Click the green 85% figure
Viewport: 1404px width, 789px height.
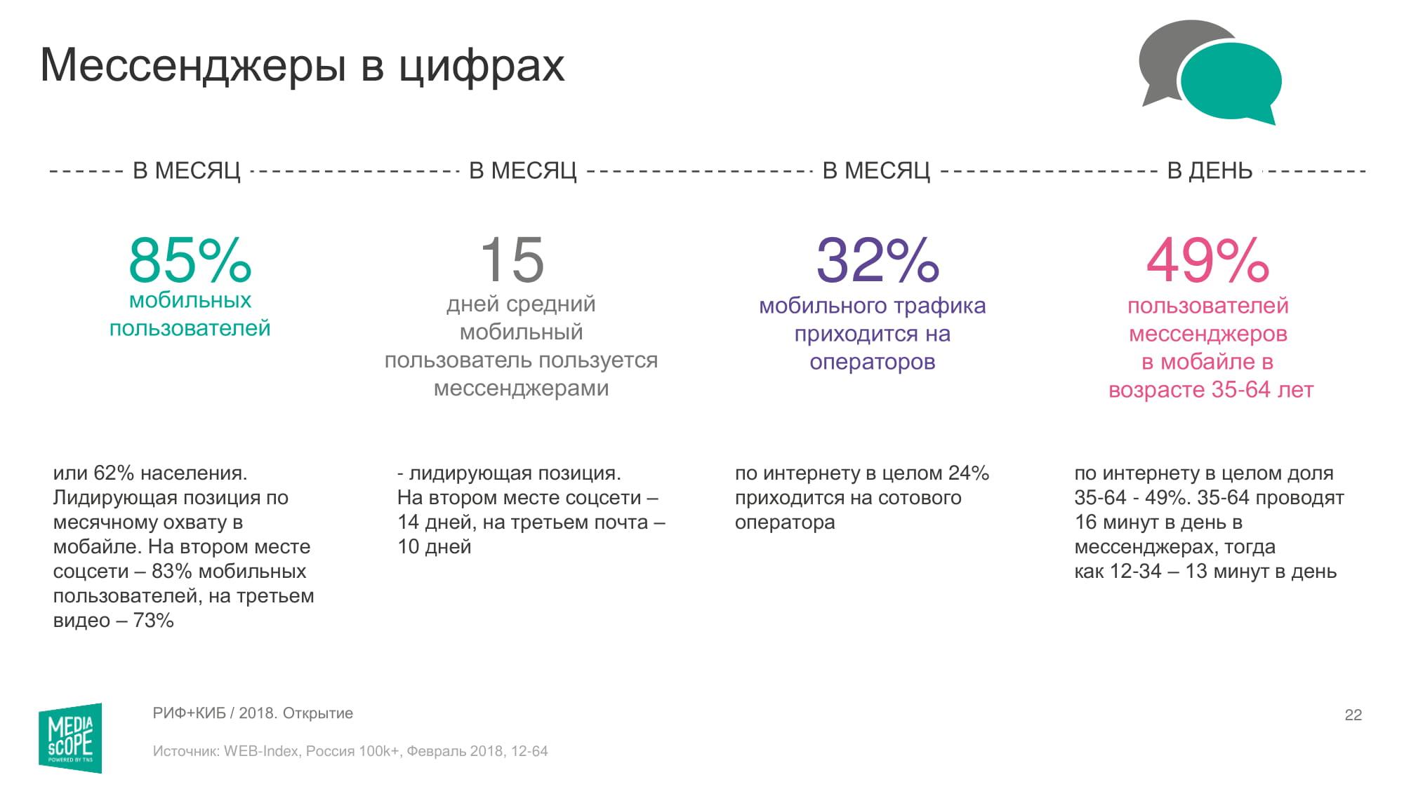tap(190, 260)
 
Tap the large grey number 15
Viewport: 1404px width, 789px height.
tap(512, 260)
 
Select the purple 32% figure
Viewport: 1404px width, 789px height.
tap(877, 260)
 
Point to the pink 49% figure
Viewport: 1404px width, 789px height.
tap(1207, 260)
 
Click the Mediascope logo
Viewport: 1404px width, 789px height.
tap(70, 738)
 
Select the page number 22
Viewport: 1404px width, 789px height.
tap(1353, 715)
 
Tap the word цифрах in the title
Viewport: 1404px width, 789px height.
tap(482, 67)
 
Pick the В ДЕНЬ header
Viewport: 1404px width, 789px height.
tap(1210, 170)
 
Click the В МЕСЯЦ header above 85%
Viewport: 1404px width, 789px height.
tap(187, 170)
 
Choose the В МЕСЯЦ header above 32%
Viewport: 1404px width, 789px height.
tap(876, 170)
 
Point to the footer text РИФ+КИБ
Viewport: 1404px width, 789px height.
tap(189, 713)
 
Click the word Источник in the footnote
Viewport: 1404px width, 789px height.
tap(185, 751)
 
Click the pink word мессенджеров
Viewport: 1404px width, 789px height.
tap(1207, 334)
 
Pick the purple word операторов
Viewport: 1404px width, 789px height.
tap(872, 362)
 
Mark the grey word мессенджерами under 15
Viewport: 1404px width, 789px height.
tap(521, 388)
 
